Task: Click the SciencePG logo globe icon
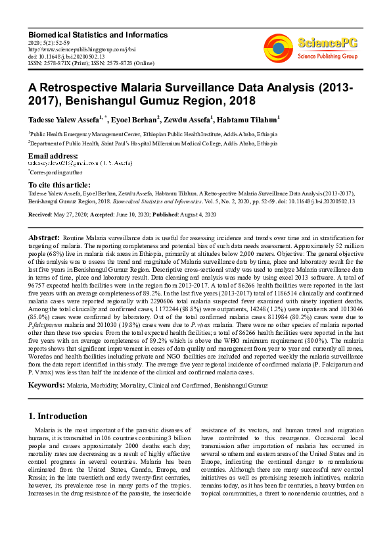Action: pos(279,47)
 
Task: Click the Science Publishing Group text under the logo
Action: pos(327,56)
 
